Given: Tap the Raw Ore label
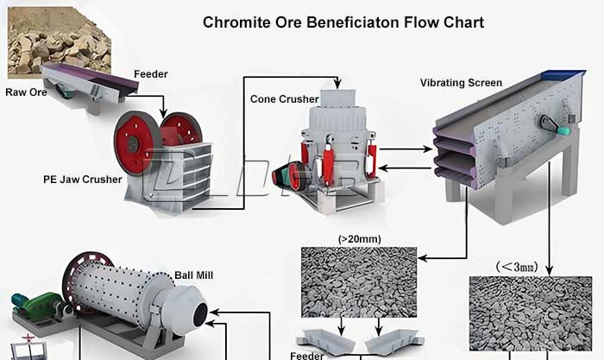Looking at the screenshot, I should point(26,91).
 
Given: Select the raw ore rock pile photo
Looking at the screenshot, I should point(58,38).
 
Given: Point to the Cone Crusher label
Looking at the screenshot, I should point(284,99).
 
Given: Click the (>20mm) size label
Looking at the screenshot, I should point(360,238).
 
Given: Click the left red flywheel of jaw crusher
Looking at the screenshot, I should point(135,142).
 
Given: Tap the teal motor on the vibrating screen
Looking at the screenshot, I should point(563,129).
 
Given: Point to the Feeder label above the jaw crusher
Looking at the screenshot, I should point(150,74).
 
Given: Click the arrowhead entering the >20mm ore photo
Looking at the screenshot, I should point(422,258).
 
